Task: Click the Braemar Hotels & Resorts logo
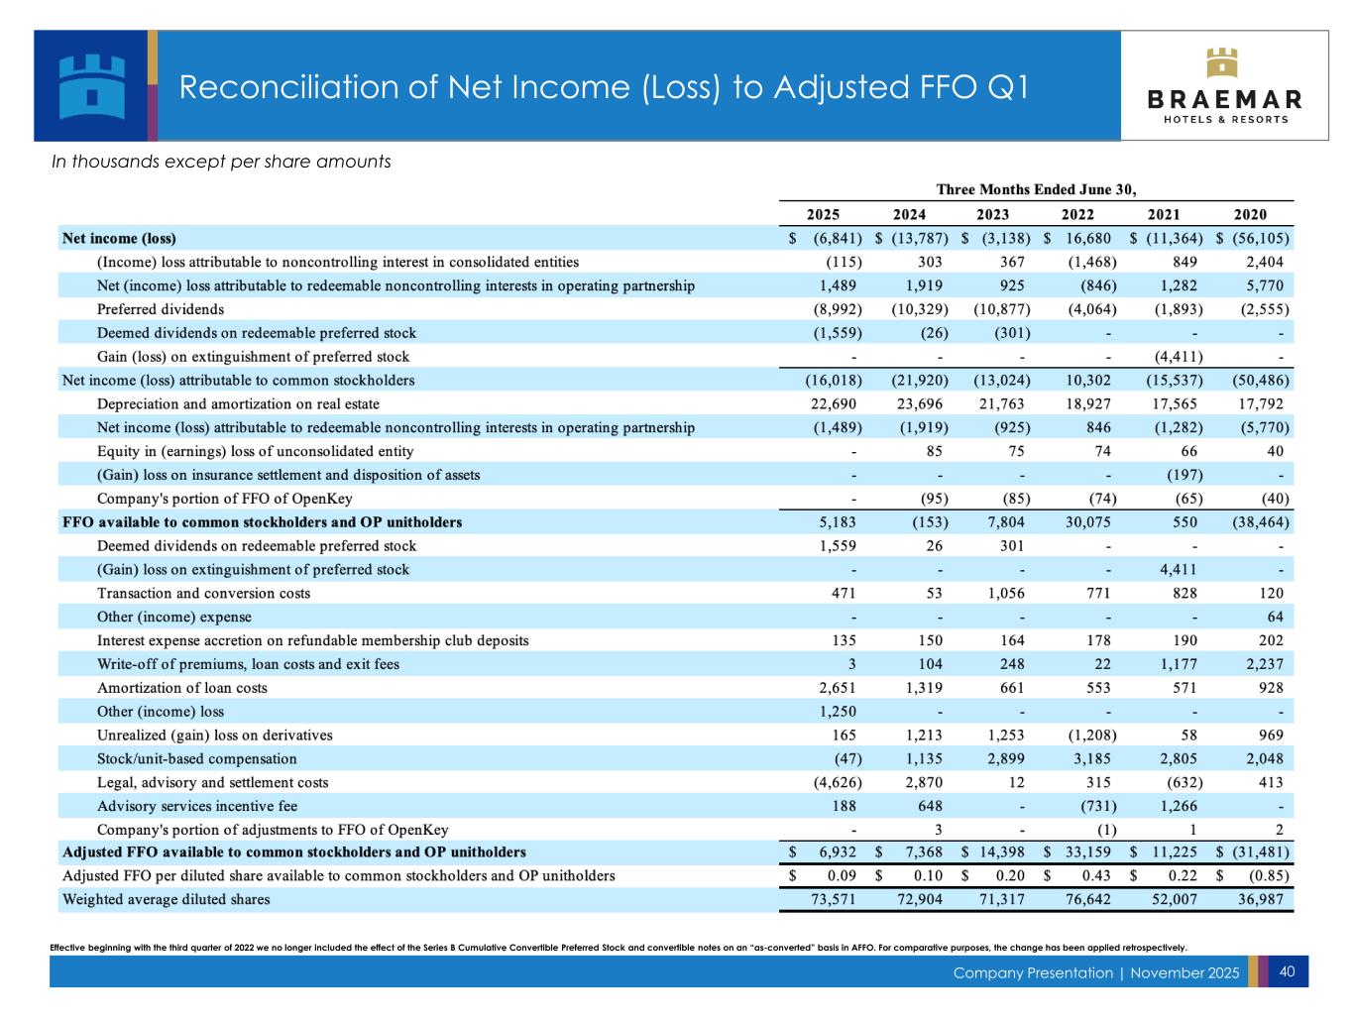[x=1224, y=86]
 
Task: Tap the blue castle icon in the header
[x=91, y=85]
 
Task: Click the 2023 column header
[x=993, y=214]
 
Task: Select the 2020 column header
[x=1250, y=214]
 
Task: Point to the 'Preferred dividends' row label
[x=160, y=309]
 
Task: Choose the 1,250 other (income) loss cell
[x=837, y=712]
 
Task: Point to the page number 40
[x=1287, y=972]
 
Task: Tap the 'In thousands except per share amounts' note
[x=221, y=162]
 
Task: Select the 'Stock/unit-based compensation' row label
[x=196, y=759]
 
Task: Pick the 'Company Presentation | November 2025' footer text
[x=1095, y=973]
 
